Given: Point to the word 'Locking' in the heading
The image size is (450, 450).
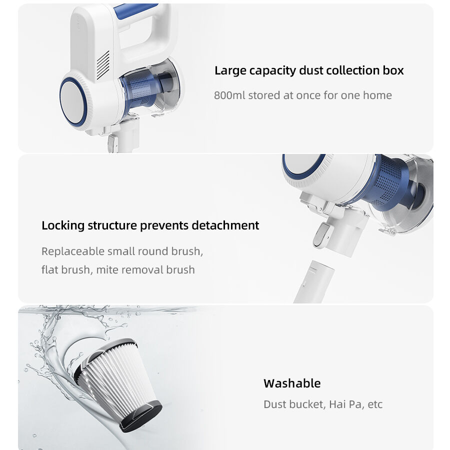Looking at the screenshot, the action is [63, 226].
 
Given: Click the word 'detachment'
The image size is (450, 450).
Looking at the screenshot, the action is [225, 225].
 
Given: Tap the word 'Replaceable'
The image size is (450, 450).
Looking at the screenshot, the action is [73, 251].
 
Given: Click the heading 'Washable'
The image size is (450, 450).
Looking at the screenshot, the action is [292, 383].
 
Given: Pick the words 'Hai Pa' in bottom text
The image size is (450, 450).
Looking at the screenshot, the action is [345, 404].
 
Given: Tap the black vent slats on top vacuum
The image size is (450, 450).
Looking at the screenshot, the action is [103, 65].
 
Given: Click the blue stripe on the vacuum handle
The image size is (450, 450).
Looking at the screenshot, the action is [135, 10].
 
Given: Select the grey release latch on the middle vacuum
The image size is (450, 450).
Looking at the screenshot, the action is [322, 235].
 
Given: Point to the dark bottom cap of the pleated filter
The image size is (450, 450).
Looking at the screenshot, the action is [142, 416].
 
